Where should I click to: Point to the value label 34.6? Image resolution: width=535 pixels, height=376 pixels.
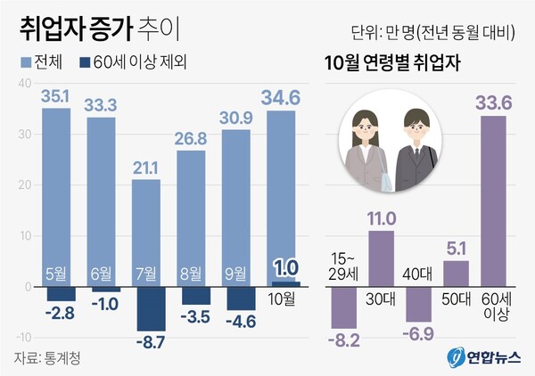(x=281, y=95)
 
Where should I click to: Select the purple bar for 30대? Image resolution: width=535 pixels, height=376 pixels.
(x=381, y=258)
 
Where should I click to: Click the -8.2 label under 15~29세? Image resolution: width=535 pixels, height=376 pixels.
(x=343, y=339)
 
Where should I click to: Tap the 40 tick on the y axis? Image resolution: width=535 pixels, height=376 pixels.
(x=23, y=84)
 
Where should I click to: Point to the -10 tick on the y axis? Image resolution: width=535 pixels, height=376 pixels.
(x=21, y=337)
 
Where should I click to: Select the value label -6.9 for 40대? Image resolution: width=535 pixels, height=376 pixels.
(x=417, y=335)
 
